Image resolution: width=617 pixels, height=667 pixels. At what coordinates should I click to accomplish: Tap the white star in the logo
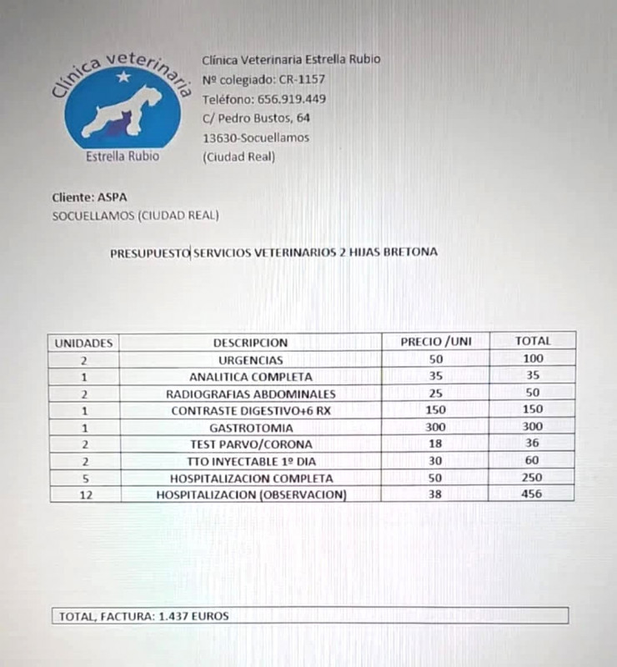point(124,78)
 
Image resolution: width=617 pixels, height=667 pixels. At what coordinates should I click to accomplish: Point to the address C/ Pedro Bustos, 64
point(256,118)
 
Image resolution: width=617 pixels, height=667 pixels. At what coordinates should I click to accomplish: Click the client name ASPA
point(113,198)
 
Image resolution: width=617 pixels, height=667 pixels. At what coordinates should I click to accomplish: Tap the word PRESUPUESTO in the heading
point(150,252)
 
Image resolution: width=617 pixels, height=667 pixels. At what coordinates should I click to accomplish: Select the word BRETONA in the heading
point(409,252)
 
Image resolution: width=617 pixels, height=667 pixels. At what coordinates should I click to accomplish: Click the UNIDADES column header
point(83,342)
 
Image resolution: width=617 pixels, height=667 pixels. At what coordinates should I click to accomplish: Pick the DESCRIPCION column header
point(250,342)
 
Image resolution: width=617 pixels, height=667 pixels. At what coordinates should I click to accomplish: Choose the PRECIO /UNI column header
point(435,341)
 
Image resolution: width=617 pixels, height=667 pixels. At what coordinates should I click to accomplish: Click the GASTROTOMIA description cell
point(250,427)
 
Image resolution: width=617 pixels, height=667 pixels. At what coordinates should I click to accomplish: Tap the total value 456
point(532,494)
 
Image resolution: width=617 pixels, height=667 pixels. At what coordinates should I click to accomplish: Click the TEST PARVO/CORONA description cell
point(250,444)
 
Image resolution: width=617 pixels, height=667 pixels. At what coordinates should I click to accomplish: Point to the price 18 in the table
point(435,444)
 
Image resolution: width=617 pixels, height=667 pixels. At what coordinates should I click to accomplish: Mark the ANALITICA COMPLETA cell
point(250,377)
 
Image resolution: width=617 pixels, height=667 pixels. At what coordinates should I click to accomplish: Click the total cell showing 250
point(532,478)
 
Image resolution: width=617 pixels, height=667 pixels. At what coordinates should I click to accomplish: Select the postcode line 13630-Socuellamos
point(256,138)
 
